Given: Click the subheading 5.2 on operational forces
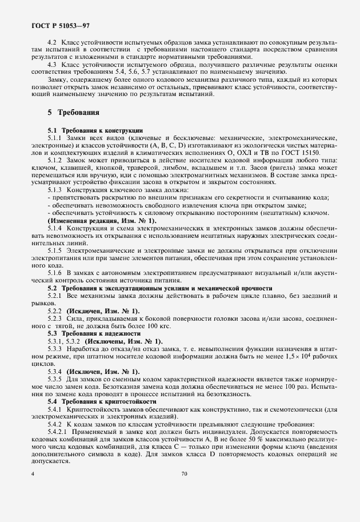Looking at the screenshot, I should click(x=159, y=288).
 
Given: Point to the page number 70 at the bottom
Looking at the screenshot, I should click(x=184, y=473).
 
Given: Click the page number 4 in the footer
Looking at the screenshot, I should click(x=33, y=473).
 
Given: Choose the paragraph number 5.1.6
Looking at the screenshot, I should click(x=55, y=273).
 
